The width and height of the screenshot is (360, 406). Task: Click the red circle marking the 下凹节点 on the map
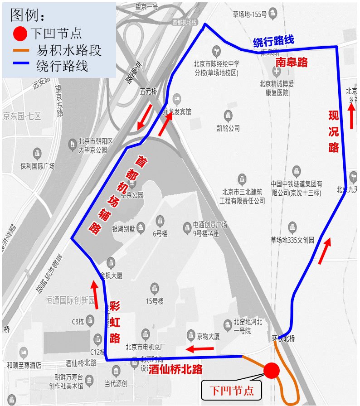[x=272, y=371]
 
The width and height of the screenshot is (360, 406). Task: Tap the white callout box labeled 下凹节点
[x=232, y=390]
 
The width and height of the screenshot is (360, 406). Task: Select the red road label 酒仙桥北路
[x=175, y=369]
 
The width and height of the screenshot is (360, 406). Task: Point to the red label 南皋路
[x=292, y=62]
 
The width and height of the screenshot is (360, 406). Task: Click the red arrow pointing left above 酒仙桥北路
[x=200, y=349]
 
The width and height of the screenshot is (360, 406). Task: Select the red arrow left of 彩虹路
[x=95, y=295]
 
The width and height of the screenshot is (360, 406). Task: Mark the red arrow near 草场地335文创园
[x=325, y=251]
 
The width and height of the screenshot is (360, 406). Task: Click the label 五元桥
[x=148, y=92]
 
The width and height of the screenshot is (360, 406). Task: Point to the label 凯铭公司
[x=228, y=128]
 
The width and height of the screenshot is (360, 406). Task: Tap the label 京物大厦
[x=209, y=336]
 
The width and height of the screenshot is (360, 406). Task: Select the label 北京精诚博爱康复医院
[x=277, y=88]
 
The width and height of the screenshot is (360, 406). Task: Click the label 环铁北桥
[x=283, y=338]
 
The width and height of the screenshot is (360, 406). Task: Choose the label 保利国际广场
[x=37, y=166]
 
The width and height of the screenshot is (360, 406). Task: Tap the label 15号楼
[x=155, y=301]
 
